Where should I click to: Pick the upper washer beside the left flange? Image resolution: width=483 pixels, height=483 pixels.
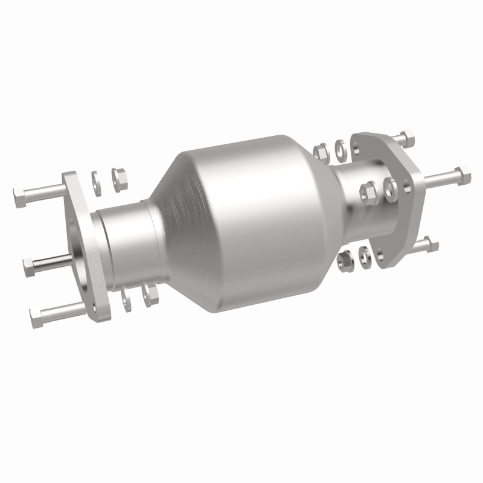point(96,179)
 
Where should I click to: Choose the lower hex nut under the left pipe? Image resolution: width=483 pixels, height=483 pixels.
point(149,293)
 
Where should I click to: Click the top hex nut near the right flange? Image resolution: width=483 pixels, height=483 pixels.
point(322,149)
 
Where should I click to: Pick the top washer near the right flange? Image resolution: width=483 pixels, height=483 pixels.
point(341,147)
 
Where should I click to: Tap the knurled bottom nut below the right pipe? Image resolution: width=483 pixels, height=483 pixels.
point(346,260)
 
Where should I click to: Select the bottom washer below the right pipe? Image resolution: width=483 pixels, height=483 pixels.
point(364,255)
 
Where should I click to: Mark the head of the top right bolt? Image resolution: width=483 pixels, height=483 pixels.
point(408,139)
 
